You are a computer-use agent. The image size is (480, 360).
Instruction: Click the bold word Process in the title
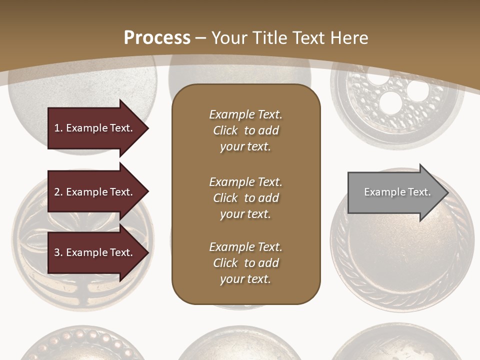point(157,38)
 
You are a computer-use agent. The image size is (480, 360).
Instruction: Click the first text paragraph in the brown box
point(245,130)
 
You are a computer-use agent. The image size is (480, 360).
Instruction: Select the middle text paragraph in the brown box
point(245,198)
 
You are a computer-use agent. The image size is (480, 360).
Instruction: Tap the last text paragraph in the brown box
point(245,263)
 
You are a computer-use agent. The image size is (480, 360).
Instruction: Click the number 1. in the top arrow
point(58,128)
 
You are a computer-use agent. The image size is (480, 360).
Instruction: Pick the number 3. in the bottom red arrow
point(58,252)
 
